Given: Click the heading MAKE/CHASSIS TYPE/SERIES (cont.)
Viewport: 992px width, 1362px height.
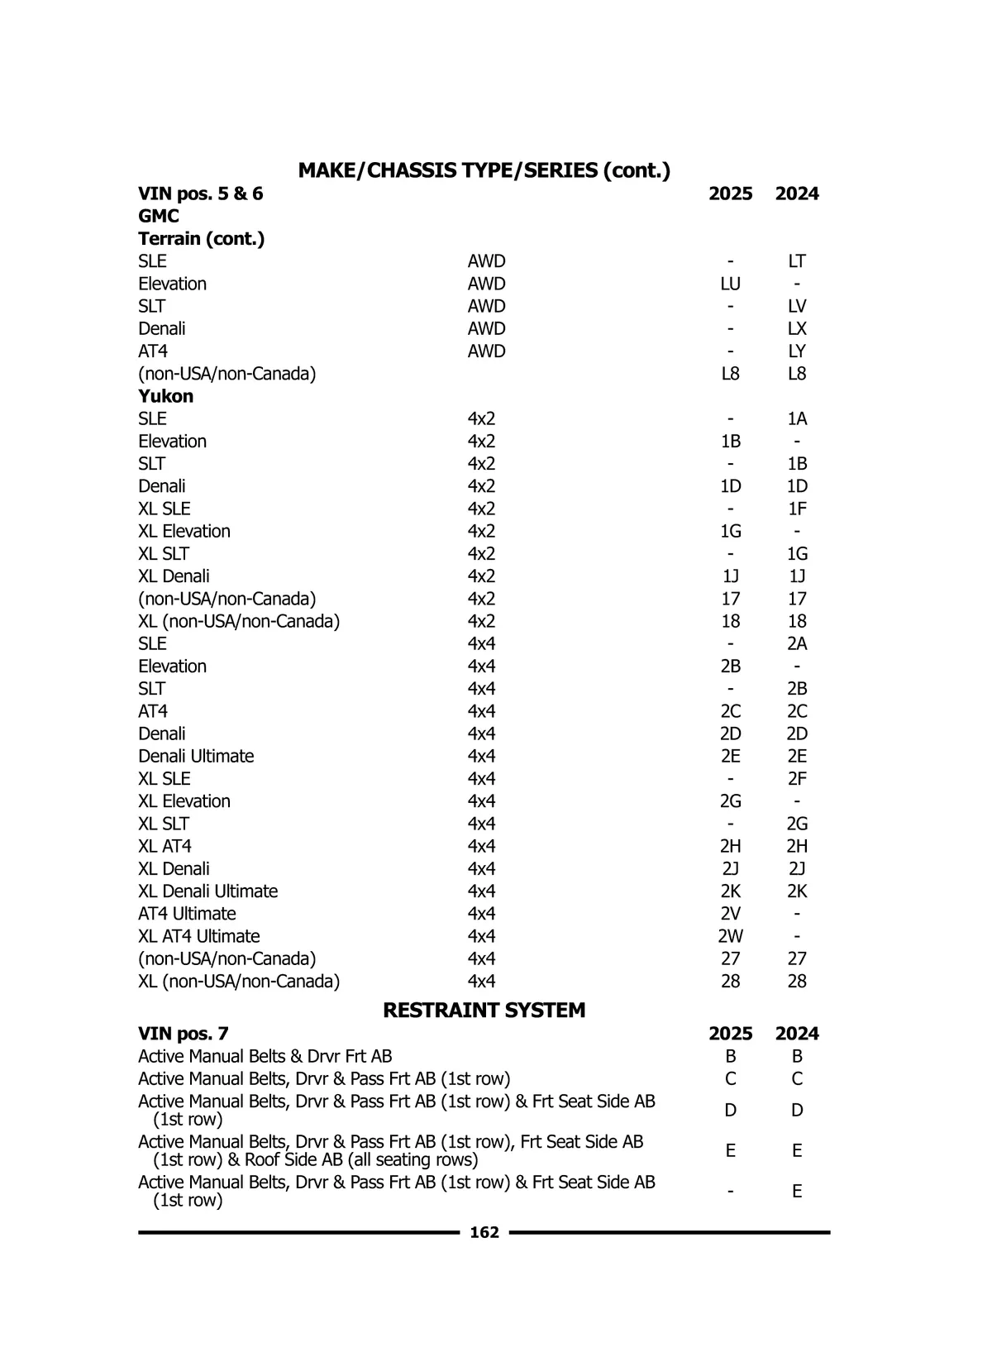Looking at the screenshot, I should tap(484, 170).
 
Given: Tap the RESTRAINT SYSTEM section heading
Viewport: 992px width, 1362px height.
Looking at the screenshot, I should tap(484, 1010).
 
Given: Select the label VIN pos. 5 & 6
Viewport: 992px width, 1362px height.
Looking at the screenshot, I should tap(200, 194).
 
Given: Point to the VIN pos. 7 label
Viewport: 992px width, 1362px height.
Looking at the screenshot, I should tap(183, 1034).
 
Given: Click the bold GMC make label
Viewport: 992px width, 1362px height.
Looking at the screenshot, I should tap(159, 216).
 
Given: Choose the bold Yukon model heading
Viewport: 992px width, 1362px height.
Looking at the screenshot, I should tap(165, 396).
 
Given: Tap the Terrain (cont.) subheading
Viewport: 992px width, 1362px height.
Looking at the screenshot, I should tap(201, 239).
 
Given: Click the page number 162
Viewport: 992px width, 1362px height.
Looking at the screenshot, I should tap(484, 1232).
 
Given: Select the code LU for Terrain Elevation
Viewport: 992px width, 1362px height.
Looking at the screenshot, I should tap(730, 284).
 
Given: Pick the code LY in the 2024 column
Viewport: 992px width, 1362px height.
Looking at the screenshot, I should tap(796, 351).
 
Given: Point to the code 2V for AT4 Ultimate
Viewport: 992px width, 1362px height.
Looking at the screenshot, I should tap(730, 914).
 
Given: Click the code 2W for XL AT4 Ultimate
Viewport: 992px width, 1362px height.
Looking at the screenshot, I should tap(730, 936).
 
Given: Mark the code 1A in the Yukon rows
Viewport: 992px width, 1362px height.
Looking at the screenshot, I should tap(796, 418).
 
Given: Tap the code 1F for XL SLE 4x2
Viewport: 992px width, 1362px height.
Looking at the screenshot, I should tap(796, 509).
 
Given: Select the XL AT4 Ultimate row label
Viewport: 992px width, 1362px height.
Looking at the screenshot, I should tap(198, 936).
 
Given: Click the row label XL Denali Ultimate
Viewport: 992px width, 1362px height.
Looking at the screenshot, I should tap(207, 891).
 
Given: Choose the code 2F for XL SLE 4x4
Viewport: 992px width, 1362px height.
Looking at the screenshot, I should tap(796, 779).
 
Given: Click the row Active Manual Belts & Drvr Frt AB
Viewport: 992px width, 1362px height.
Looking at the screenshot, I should tap(265, 1056).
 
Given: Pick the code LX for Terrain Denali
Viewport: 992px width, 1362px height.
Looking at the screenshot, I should tap(796, 329).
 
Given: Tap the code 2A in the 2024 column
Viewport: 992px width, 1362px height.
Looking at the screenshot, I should tap(796, 643).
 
